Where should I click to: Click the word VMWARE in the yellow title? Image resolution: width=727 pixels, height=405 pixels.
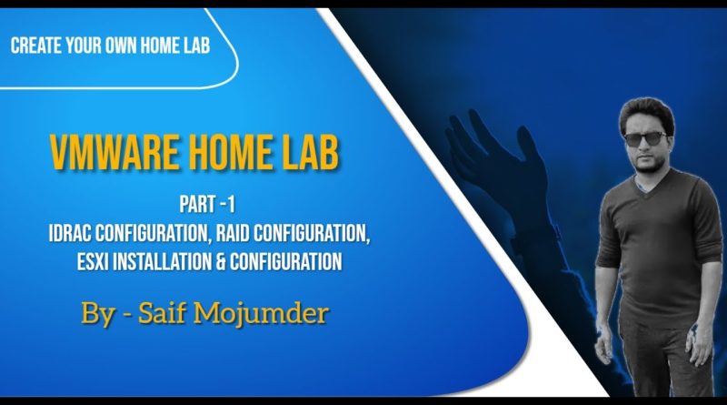[114, 153]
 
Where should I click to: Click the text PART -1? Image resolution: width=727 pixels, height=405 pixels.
[207, 205]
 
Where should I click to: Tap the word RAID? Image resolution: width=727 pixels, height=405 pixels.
[233, 233]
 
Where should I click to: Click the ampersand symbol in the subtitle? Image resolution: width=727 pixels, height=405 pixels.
[221, 261]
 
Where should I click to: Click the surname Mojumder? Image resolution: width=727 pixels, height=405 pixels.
[261, 313]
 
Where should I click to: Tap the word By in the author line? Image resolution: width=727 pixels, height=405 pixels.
[98, 314]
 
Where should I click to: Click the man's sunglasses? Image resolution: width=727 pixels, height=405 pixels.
[645, 138]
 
